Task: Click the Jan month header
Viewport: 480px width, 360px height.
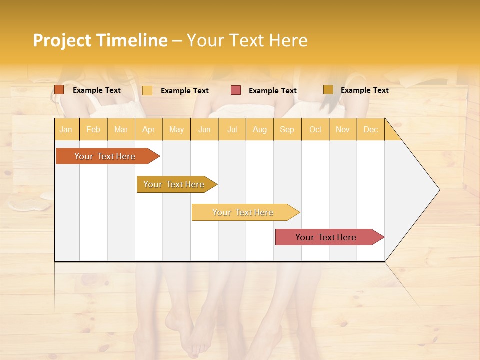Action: (66, 129)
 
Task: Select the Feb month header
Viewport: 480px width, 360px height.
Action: (93, 129)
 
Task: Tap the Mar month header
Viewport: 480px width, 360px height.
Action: (121, 129)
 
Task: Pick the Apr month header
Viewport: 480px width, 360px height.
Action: (149, 129)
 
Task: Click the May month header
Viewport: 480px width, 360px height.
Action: (176, 129)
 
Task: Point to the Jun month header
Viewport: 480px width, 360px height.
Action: (204, 129)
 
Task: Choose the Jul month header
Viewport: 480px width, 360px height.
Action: (232, 129)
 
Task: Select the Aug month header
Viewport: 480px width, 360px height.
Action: (259, 129)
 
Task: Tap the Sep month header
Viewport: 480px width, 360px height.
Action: (287, 129)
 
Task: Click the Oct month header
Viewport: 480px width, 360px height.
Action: (315, 129)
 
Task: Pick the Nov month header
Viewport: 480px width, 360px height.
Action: (343, 129)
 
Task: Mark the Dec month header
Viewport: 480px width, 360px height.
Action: (370, 129)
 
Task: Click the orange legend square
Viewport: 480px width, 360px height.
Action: (59, 90)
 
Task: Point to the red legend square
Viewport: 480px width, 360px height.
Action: (236, 90)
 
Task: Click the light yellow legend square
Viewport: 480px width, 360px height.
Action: (147, 90)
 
